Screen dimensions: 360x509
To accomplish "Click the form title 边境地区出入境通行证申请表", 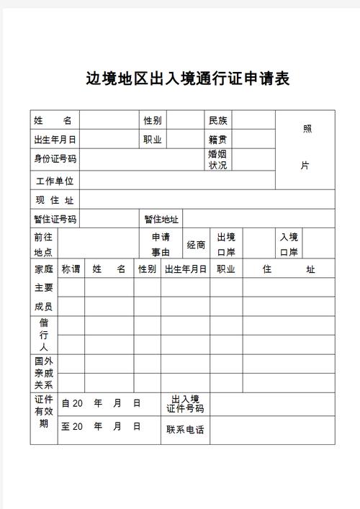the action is [187, 78].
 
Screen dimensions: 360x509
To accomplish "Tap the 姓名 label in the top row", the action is [55, 120].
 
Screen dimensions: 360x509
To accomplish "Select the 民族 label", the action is [217, 120].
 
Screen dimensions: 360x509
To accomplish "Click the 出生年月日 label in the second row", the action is [55, 140].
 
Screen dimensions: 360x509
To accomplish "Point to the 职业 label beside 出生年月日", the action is [153, 140].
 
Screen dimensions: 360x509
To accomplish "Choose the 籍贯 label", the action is [217, 140].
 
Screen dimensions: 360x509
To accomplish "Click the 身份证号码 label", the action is [55, 159].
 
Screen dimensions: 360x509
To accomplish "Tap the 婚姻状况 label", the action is [217, 159].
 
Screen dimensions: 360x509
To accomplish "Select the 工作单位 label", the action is [55, 181].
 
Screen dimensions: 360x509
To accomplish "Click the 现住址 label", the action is [55, 200].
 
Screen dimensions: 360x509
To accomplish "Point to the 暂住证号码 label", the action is [55, 220].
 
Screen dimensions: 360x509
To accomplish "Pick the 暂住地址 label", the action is [161, 220].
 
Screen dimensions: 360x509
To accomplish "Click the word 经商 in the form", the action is [196, 245].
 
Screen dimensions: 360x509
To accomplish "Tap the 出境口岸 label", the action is [226, 244].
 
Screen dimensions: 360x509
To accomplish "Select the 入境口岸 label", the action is [289, 244].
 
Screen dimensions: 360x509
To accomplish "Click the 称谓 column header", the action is [71, 269].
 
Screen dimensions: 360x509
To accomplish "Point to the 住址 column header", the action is [289, 269].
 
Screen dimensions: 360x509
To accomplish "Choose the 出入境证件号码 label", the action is [185, 404].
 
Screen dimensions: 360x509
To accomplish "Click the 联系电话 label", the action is [185, 430].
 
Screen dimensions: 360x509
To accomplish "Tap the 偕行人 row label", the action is [44, 335].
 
